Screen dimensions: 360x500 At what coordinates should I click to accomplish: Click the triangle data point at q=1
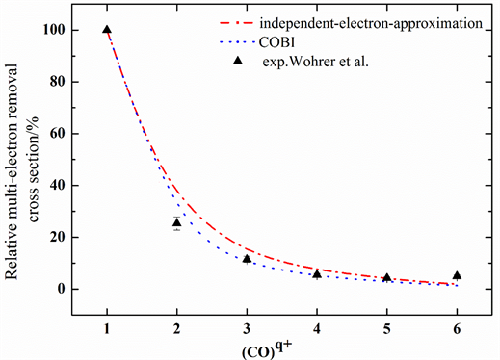tap(106, 31)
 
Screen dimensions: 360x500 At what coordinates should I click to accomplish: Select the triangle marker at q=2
tap(176, 222)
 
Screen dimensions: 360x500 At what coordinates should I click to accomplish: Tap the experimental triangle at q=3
tap(247, 258)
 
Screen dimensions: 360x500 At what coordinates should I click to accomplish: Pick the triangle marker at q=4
tap(317, 274)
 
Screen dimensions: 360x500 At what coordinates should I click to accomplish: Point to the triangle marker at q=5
tap(387, 278)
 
